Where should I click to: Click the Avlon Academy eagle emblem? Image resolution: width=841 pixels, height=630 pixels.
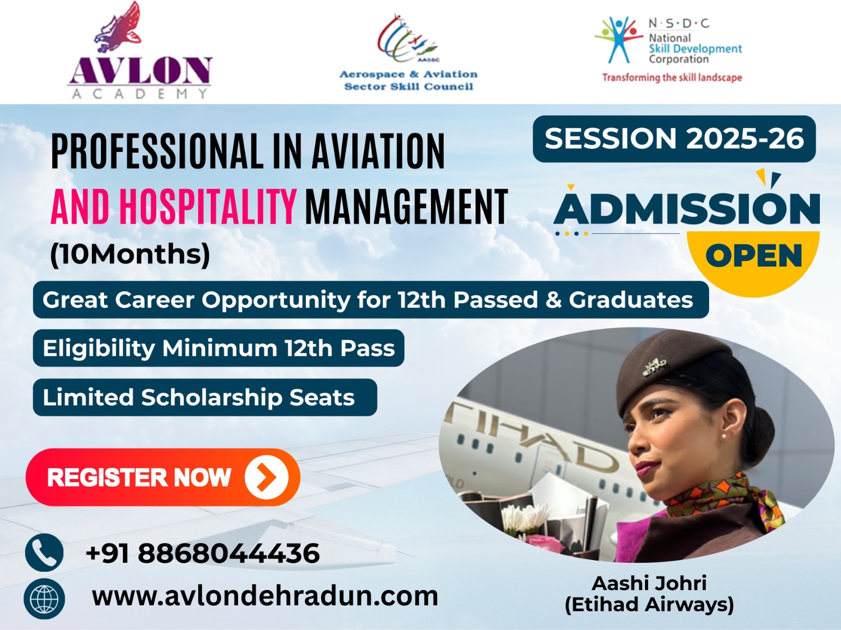118,27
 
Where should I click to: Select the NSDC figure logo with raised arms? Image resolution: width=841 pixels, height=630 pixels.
618,39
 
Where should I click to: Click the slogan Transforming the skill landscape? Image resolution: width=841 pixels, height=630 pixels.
672,77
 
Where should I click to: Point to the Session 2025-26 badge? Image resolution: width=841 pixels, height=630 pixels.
674,139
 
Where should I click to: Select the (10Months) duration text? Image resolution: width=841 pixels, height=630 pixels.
130,254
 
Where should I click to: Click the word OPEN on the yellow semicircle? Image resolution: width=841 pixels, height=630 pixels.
754,255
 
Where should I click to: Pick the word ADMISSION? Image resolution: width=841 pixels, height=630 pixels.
686,209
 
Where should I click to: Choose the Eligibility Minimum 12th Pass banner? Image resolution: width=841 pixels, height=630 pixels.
218,348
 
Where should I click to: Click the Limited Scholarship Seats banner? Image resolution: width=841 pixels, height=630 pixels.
205,397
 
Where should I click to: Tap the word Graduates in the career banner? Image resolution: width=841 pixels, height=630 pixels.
631,299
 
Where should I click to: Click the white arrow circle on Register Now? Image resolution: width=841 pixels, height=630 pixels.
266,477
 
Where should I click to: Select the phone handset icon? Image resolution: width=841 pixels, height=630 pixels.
44,553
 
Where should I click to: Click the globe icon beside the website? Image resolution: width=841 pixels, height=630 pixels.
44,598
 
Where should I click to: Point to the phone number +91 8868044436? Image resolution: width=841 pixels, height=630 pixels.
203,553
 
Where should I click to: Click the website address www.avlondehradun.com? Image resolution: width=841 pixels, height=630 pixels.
265,596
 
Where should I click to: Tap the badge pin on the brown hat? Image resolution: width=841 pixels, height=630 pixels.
654,367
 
